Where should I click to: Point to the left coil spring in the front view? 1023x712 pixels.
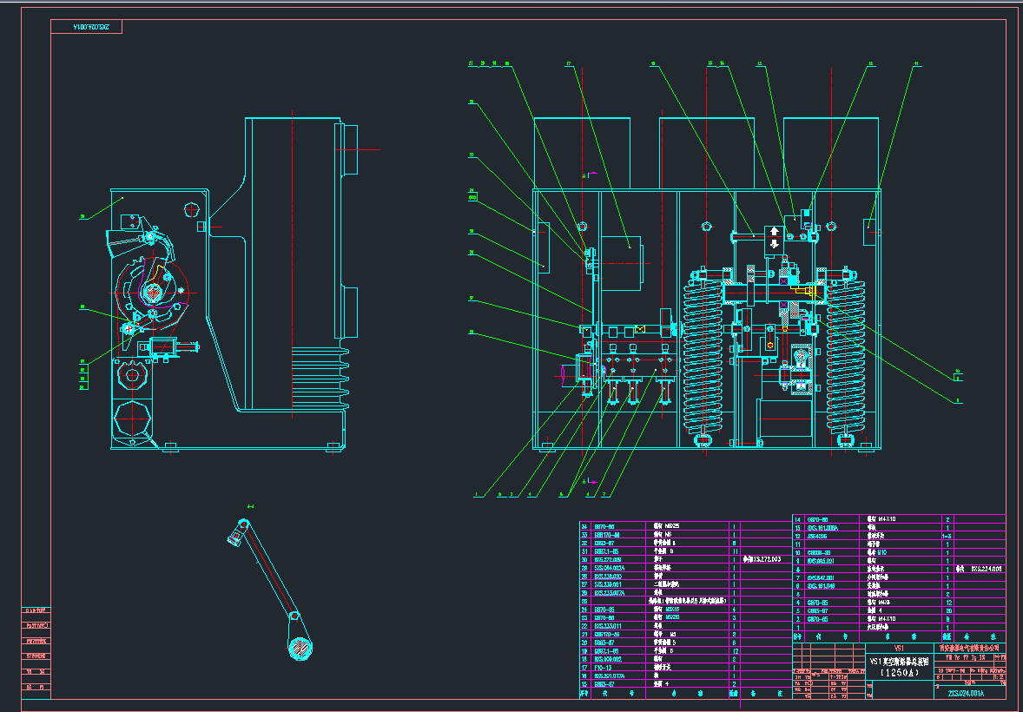point(703,356)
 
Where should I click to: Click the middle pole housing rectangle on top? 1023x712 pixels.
point(706,152)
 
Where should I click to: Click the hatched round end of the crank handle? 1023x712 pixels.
point(300,647)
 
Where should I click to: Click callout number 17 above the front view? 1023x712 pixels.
point(569,63)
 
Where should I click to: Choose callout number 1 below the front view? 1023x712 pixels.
point(476,495)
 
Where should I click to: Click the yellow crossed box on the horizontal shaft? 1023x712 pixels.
point(640,329)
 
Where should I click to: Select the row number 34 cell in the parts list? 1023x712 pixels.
point(584,526)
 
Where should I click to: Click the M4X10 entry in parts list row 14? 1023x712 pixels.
point(885,519)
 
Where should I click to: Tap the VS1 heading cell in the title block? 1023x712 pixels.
point(900,648)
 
